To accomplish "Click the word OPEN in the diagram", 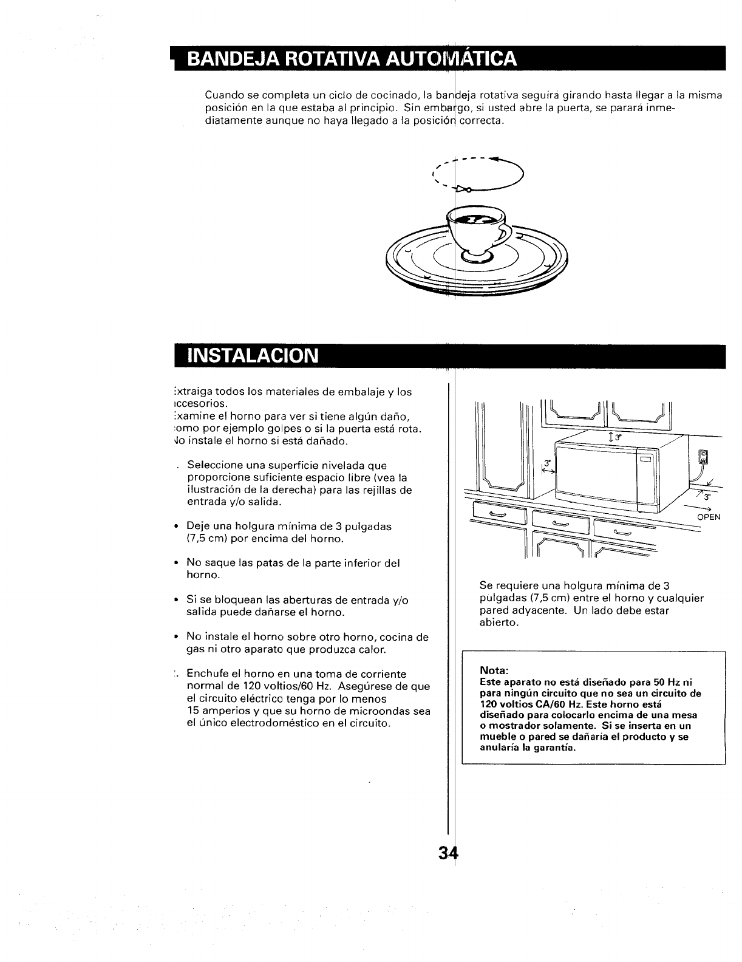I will pos(709,517).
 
